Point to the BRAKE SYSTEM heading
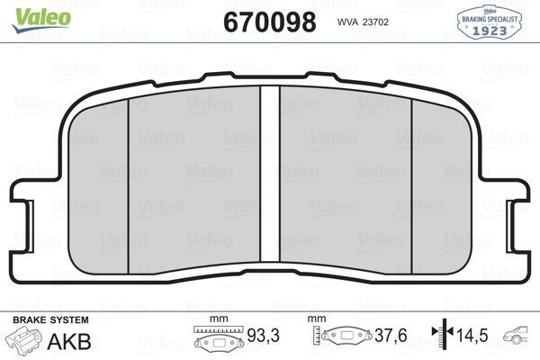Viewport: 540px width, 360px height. coord(49,320)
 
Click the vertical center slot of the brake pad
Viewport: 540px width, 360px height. coord(270,180)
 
